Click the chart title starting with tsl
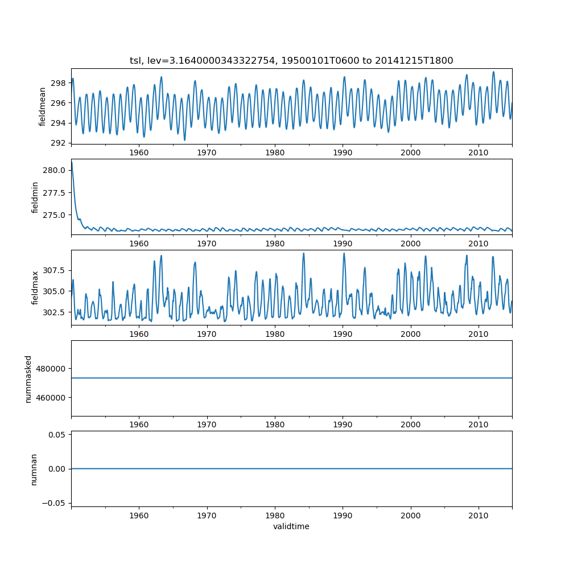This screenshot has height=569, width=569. point(291,61)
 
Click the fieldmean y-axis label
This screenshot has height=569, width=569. point(43,106)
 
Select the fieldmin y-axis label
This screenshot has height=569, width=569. point(35,197)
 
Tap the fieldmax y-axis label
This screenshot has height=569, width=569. point(35,287)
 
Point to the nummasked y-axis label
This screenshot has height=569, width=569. point(28,378)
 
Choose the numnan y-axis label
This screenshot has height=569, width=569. point(34,469)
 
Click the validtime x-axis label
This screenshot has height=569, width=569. point(291,526)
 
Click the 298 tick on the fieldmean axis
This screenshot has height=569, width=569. point(59,83)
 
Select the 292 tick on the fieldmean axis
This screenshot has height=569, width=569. point(59,143)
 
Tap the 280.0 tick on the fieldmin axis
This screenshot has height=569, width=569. point(55,171)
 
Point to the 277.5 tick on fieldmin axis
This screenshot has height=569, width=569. point(55,193)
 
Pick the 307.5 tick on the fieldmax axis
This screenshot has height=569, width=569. point(55,270)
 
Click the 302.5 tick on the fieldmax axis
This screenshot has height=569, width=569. point(55,312)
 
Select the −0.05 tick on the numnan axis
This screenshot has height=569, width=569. point(55,502)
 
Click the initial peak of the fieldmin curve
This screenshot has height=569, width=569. point(72,163)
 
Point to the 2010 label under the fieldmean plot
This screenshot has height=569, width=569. point(479,152)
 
